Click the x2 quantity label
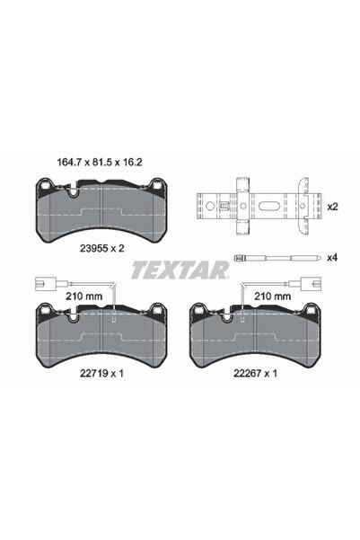pos(332,207)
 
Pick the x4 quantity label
pos(332,259)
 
